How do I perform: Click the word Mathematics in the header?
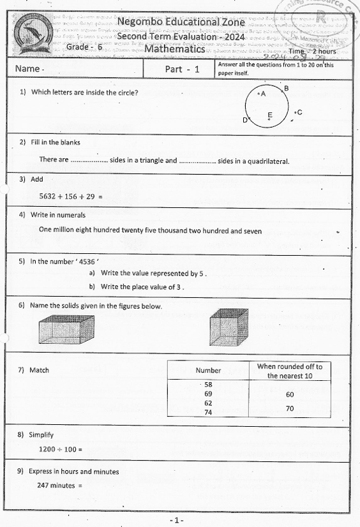coord(174,48)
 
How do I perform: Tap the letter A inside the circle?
coord(263,93)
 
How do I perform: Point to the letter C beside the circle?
coord(299,112)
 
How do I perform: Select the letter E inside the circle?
coord(269,115)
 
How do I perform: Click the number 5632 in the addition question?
coord(49,197)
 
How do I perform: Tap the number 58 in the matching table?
coord(208,385)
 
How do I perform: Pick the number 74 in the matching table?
coord(208,412)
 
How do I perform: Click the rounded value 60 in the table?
coord(290,394)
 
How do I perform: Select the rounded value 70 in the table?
coord(290,408)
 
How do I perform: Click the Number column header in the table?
coord(208,370)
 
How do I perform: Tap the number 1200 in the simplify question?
coord(49,449)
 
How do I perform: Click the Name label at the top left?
coord(29,68)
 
